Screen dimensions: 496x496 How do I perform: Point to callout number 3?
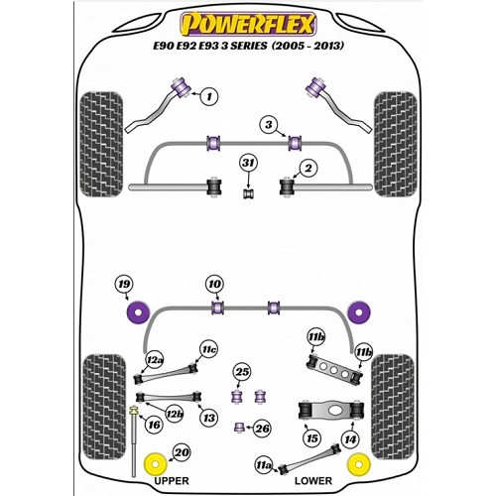coord(268,124)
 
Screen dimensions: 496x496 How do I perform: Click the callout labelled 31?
coord(247,164)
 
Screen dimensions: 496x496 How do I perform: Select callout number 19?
coord(123,287)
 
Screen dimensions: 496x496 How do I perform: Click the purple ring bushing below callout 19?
coord(137,313)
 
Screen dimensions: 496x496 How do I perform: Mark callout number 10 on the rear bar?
coord(214,286)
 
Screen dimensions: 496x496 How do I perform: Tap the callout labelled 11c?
coord(208,349)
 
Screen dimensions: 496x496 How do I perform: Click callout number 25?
coord(242,372)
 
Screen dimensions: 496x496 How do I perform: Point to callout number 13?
coord(207,420)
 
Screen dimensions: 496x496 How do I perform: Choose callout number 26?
coord(262,429)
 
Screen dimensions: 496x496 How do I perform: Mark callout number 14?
coord(350,438)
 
